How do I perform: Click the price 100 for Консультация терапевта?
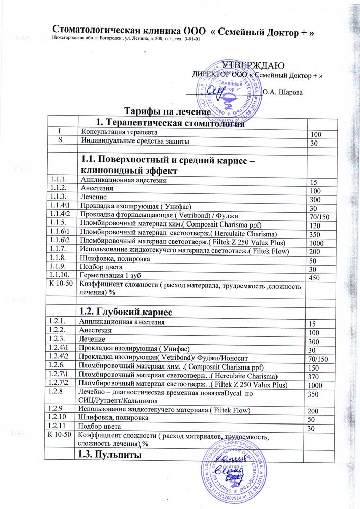point(316,134)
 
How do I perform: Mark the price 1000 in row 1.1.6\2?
point(318,244)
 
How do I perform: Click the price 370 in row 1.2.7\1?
point(316,376)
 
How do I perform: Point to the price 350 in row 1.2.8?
point(316,394)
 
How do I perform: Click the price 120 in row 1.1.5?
point(316,225)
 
